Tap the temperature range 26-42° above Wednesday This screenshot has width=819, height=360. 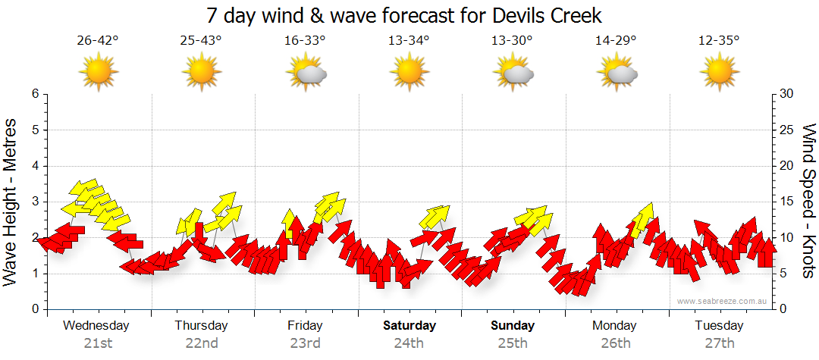pyautogui.click(x=98, y=41)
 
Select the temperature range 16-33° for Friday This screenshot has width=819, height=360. pyautogui.click(x=305, y=41)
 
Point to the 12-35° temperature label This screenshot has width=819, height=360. pyautogui.click(x=719, y=41)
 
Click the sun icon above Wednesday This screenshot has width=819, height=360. pyautogui.click(x=99, y=73)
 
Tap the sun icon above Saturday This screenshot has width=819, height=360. pyautogui.click(x=409, y=73)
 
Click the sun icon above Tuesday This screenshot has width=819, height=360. pyautogui.click(x=719, y=73)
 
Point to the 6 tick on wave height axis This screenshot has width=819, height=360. pyautogui.click(x=34, y=94)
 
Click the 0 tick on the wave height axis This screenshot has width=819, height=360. pyautogui.click(x=34, y=309)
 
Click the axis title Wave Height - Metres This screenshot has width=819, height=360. pyautogui.click(x=11, y=202)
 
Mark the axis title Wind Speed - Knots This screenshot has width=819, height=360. pyautogui.click(x=808, y=202)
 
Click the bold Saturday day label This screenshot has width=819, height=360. pyautogui.click(x=409, y=326)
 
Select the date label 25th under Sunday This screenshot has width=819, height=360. pyautogui.click(x=513, y=343)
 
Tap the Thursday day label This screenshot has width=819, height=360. pyautogui.click(x=201, y=326)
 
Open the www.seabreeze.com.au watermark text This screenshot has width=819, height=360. pyautogui.click(x=723, y=301)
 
